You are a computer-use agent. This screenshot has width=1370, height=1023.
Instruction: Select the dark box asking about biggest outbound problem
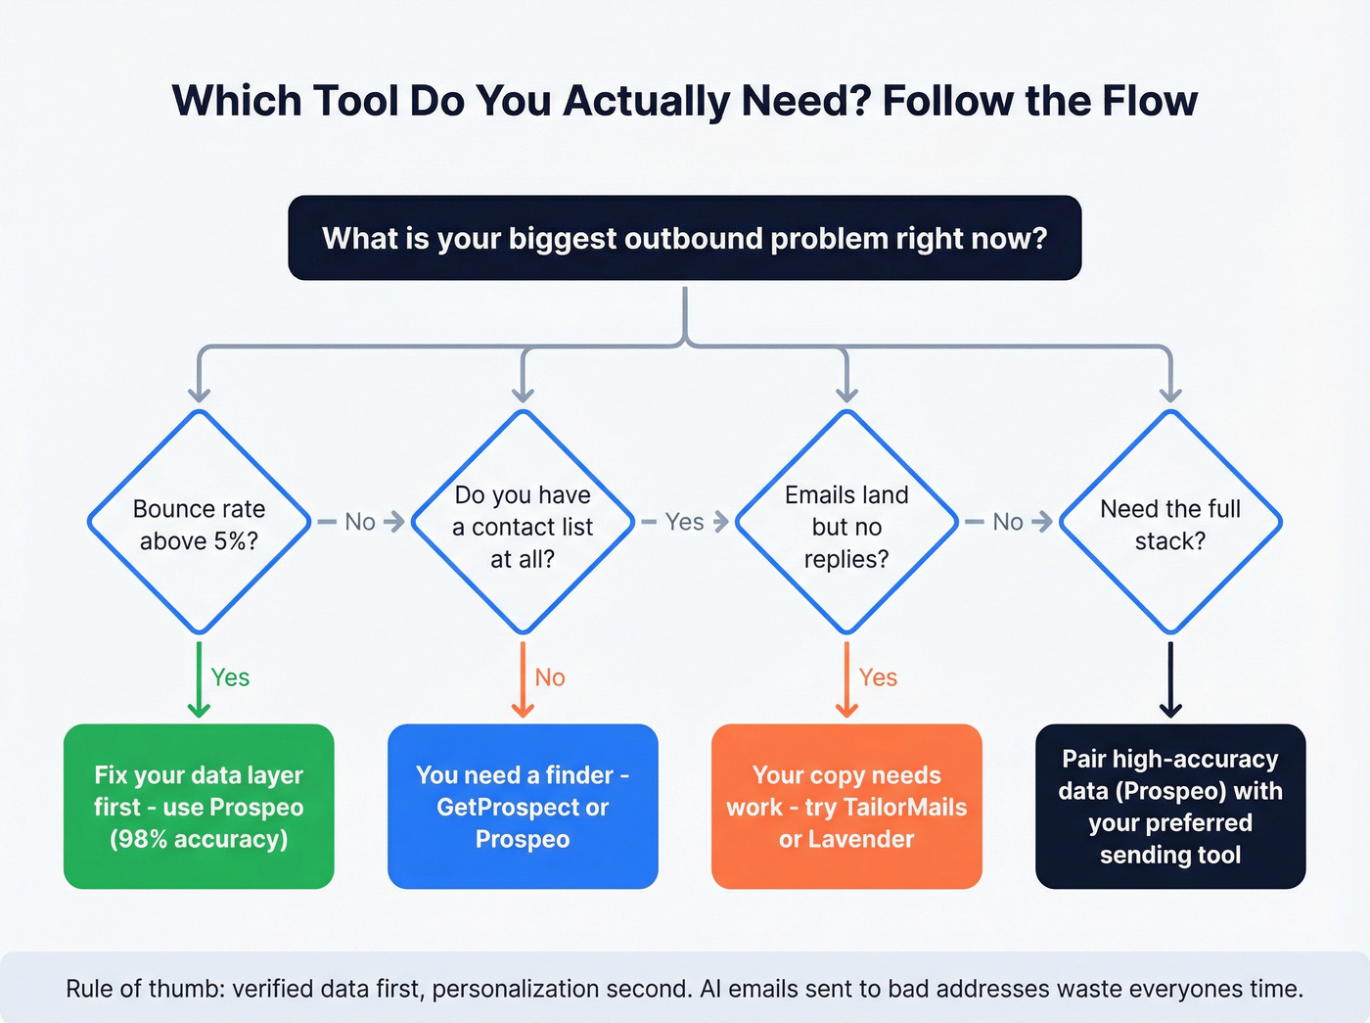(684, 238)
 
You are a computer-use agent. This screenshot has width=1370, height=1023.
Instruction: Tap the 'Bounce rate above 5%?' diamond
(199, 524)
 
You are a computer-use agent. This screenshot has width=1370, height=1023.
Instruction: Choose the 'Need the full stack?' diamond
(1170, 524)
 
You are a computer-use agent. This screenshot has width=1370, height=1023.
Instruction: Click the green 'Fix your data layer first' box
(199, 807)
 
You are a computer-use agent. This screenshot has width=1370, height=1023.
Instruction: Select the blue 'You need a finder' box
(523, 807)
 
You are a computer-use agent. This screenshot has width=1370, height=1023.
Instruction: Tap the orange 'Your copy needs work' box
(846, 807)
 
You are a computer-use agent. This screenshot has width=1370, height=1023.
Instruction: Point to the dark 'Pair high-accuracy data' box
(1170, 807)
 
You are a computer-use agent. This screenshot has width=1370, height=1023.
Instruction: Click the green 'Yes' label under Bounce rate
(231, 677)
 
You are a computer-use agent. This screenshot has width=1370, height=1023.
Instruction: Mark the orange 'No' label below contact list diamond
(550, 677)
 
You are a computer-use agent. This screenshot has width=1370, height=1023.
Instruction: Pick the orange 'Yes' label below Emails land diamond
(878, 677)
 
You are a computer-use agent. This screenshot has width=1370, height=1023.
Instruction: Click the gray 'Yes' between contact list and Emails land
(684, 522)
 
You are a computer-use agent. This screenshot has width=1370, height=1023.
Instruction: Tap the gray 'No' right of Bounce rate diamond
(360, 522)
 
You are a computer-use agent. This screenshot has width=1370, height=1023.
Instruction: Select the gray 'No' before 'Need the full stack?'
(1008, 522)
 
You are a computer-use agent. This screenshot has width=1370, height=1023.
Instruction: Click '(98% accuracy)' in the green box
(199, 840)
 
